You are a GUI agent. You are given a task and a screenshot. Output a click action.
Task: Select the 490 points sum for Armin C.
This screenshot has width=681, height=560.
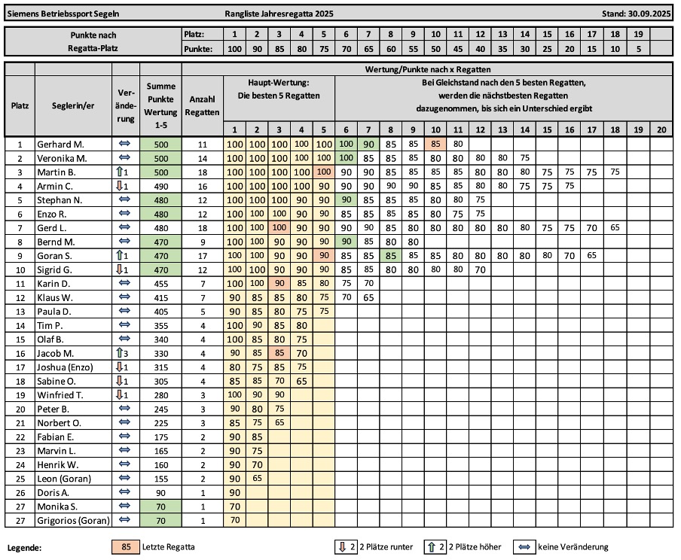coord(161,185)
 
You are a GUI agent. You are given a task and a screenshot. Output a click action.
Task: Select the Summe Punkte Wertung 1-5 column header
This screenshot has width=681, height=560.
coord(161,105)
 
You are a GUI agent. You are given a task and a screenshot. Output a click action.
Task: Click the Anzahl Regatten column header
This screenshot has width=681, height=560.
coord(202,105)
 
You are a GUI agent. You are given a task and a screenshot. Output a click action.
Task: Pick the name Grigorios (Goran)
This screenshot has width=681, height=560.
coord(72,521)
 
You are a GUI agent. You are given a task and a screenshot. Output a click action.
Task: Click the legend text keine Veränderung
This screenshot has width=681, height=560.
coord(573,546)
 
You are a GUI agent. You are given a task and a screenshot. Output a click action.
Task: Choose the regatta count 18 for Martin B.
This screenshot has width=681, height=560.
coord(202,172)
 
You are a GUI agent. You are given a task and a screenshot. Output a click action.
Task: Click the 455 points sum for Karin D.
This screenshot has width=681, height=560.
coord(161,283)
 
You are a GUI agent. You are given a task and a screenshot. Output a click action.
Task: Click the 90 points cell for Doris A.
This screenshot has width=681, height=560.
coord(234,493)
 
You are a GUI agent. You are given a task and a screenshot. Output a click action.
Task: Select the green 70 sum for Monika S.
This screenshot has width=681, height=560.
coord(161,507)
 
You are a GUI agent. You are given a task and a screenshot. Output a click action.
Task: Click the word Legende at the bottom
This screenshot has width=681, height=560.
coord(26,547)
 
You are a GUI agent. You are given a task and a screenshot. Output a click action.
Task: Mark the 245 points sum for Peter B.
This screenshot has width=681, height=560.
coord(161,409)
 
